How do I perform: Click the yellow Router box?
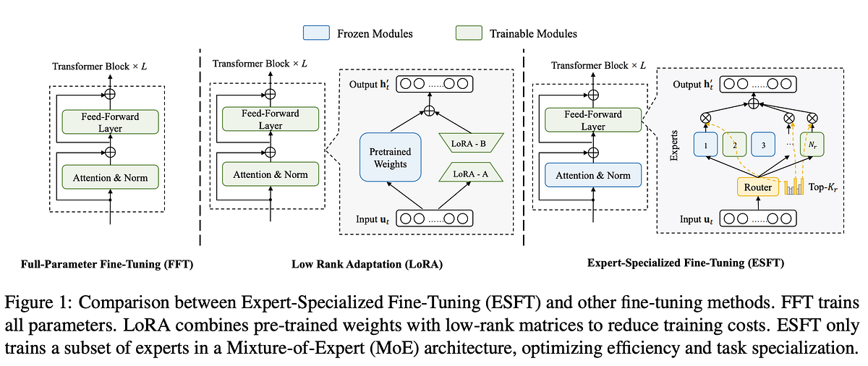point(757,187)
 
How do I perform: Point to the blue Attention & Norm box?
point(592,175)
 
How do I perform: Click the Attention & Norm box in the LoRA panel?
point(271,174)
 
